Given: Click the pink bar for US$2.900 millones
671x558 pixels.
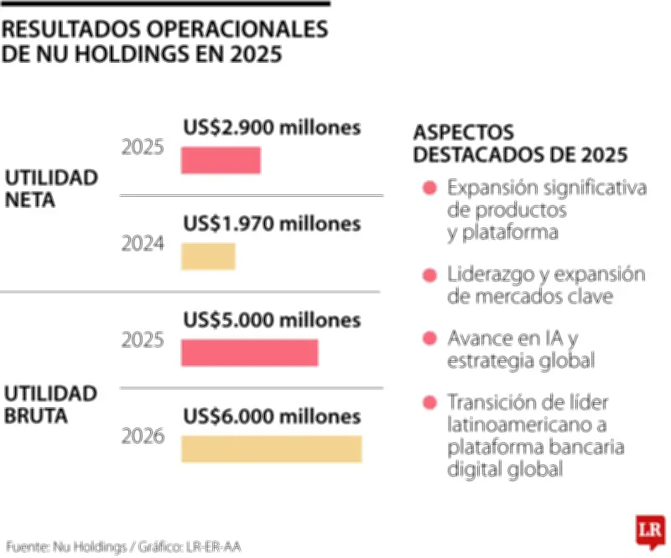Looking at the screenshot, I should [221, 160].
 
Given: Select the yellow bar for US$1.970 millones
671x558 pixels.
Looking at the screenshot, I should [208, 256].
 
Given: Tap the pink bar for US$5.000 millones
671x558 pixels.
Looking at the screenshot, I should [249, 353].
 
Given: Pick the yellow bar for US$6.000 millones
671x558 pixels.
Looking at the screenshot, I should [271, 449].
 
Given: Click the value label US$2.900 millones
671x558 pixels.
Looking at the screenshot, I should [272, 128].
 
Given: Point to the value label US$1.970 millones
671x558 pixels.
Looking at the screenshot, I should [272, 224].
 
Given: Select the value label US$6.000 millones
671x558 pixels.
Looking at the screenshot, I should [272, 416].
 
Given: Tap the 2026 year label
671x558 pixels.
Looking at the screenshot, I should [143, 437].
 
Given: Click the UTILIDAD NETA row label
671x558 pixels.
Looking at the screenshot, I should [51, 189].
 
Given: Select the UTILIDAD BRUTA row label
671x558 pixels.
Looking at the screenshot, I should [51, 404].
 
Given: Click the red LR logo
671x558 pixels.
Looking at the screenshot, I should [647, 530].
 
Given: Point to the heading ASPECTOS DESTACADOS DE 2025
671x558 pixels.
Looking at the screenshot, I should [520, 144].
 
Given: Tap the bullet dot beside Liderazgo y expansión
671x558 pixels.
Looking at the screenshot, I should [429, 275].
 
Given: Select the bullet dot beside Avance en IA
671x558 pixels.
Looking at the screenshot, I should [429, 338].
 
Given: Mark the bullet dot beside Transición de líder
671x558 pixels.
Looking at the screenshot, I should [429, 403].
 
